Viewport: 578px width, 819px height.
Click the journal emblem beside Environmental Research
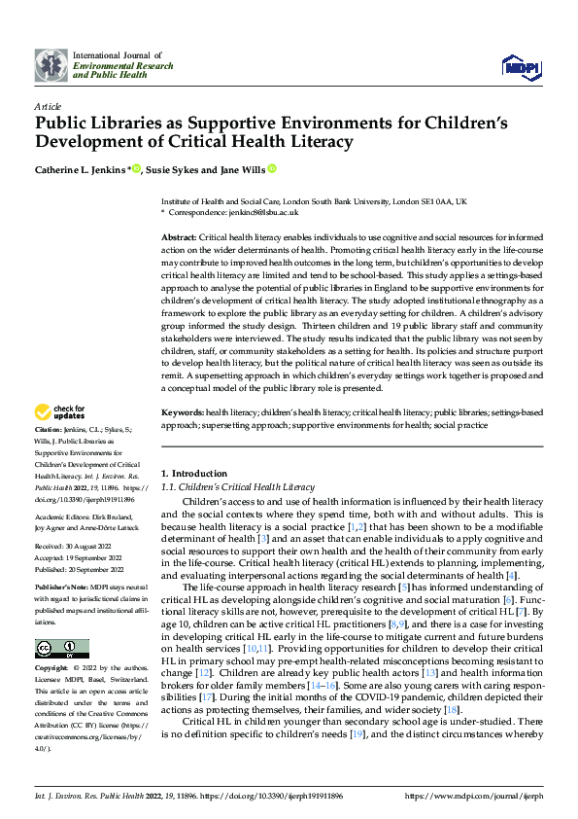coord(51,66)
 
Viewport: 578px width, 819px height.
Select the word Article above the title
coord(47,105)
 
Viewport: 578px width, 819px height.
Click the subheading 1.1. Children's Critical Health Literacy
coord(237,486)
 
